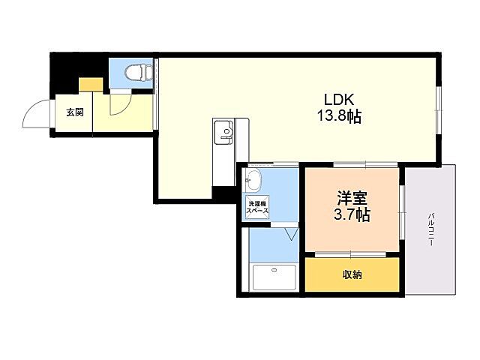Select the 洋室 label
[x=352, y=198]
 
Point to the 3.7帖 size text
[x=352, y=215]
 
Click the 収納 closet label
[x=352, y=275]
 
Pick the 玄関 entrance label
[x=74, y=113]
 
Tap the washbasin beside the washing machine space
[x=253, y=180]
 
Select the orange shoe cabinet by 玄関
[x=91, y=84]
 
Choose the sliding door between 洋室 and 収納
[x=352, y=256]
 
